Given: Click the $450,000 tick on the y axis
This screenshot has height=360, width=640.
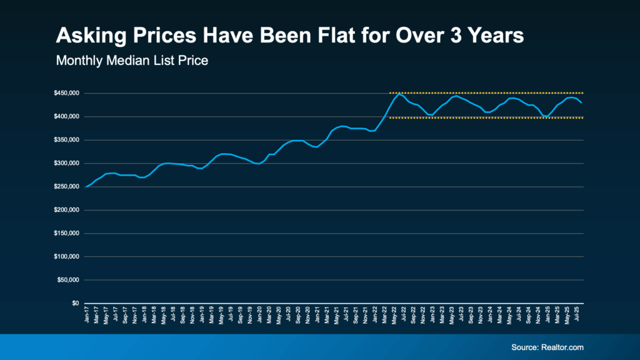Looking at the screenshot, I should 67,93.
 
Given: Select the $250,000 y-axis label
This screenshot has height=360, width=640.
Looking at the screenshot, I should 67,187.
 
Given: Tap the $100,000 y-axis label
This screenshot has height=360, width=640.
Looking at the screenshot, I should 67,257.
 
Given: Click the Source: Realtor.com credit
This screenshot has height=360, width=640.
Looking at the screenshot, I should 547,347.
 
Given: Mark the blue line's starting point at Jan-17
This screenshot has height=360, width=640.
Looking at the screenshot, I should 86,187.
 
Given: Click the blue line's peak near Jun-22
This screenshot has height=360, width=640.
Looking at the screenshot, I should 399,94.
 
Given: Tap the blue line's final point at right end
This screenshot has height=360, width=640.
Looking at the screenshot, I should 582,102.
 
